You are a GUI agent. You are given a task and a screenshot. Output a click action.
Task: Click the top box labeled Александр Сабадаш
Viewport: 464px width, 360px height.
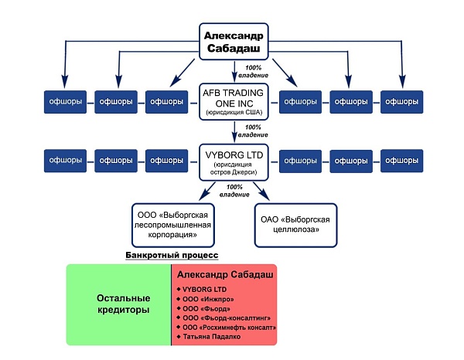(x=234, y=42)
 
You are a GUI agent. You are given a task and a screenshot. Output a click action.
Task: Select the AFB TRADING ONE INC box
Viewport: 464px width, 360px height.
(x=234, y=102)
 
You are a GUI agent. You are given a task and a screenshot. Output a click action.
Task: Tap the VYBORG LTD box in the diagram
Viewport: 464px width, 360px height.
(x=234, y=162)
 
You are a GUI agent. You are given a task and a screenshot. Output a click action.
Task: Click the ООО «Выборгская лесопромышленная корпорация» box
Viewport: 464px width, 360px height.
(x=172, y=226)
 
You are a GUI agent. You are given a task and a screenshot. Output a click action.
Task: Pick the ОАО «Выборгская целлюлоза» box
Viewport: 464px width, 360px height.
(x=295, y=226)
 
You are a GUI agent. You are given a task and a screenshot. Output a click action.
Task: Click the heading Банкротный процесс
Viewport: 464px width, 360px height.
(x=172, y=255)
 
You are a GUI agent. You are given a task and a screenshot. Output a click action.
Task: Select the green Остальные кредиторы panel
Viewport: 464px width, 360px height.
(x=118, y=304)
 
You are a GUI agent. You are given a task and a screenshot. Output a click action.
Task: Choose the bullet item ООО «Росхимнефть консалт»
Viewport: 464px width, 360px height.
(x=227, y=328)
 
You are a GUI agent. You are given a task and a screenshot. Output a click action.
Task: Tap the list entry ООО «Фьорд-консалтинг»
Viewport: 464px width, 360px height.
(x=223, y=318)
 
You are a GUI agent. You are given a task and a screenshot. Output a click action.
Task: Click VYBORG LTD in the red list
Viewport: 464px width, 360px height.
(x=202, y=290)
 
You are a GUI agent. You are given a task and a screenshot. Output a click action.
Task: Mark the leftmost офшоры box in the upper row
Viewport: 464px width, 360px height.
(x=65, y=102)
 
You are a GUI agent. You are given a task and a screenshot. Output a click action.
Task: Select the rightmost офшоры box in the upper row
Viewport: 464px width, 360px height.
(x=402, y=102)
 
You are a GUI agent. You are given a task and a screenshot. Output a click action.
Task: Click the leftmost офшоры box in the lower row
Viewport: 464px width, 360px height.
(x=65, y=161)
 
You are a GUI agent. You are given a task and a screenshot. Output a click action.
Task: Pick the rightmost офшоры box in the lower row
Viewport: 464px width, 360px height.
(x=402, y=161)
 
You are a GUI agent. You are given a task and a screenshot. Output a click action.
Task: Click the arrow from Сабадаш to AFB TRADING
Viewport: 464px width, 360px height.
(x=234, y=72)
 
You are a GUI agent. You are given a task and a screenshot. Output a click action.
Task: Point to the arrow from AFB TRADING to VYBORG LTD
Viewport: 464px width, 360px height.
(x=234, y=132)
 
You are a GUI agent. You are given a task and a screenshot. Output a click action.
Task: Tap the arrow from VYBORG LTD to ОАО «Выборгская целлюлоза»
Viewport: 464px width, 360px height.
(x=261, y=192)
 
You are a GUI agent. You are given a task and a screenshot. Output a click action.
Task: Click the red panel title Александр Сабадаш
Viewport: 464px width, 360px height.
(x=225, y=274)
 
